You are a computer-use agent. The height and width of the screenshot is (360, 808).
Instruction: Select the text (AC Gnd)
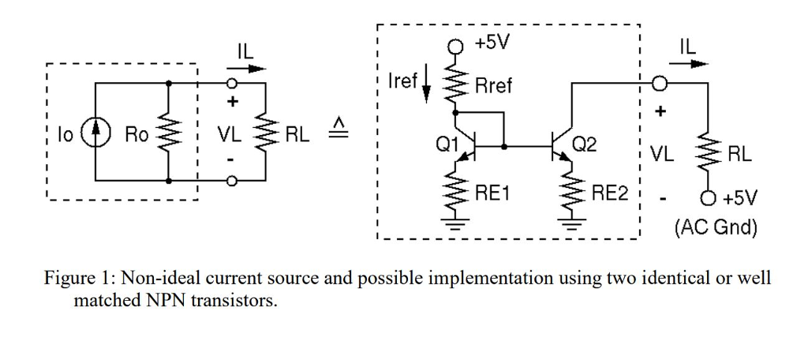tap(716, 228)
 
